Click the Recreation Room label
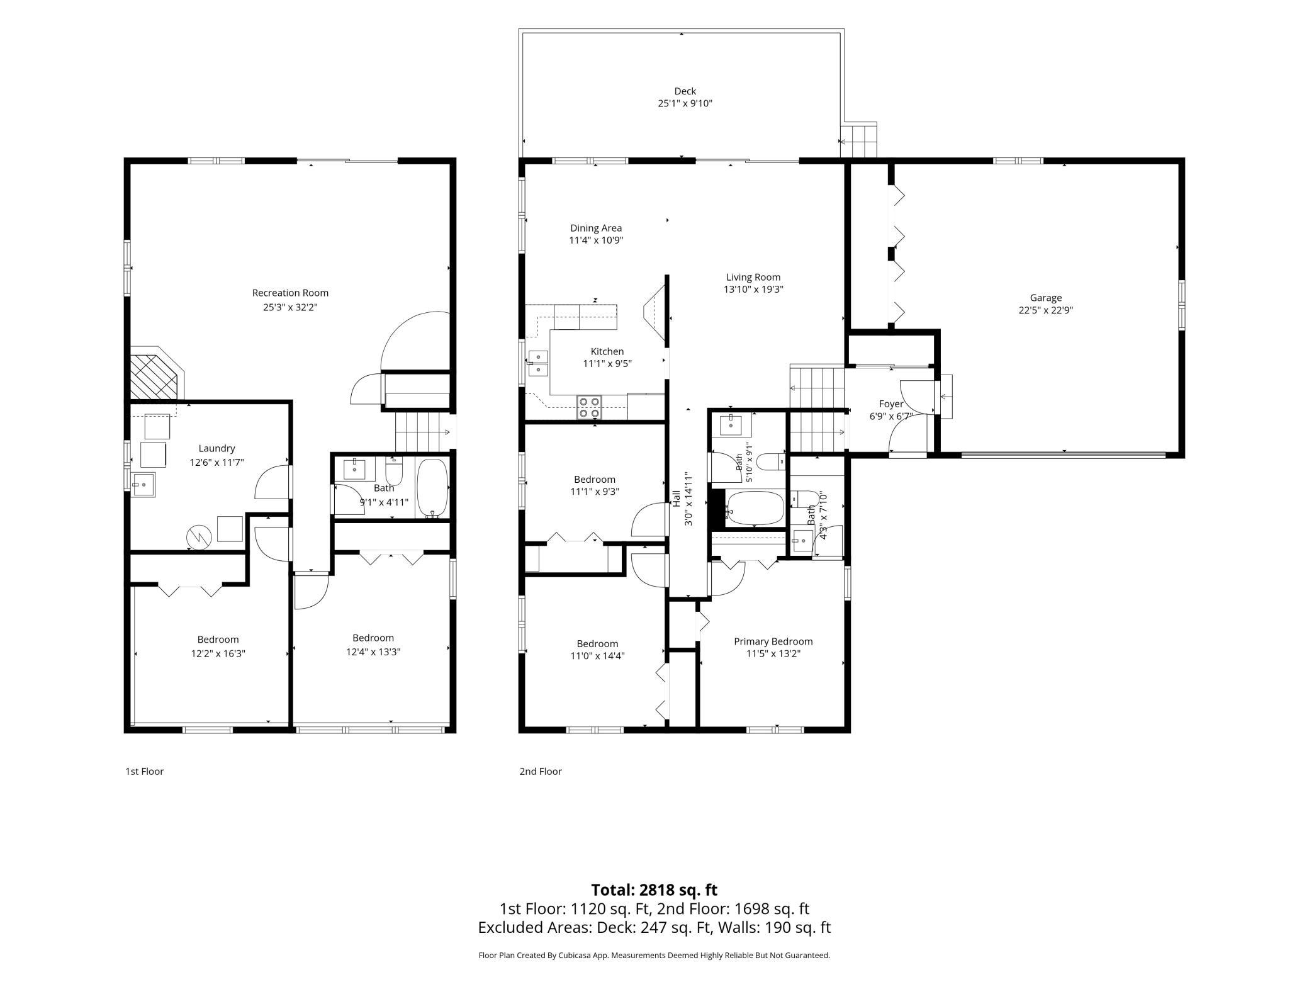(290, 293)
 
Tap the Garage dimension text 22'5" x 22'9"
(1046, 310)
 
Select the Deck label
(685, 91)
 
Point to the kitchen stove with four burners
(590, 407)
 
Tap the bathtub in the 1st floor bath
(432, 488)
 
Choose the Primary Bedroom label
(773, 641)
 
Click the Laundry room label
(216, 448)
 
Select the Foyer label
(891, 404)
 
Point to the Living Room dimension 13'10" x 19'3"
(753, 290)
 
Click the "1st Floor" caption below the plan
(144, 771)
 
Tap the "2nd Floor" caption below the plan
(541, 771)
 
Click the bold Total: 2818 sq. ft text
(654, 890)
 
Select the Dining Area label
(596, 228)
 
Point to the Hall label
(676, 499)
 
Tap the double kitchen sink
(538, 363)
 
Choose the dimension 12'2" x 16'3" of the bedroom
(218, 653)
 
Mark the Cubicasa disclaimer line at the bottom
(654, 956)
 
